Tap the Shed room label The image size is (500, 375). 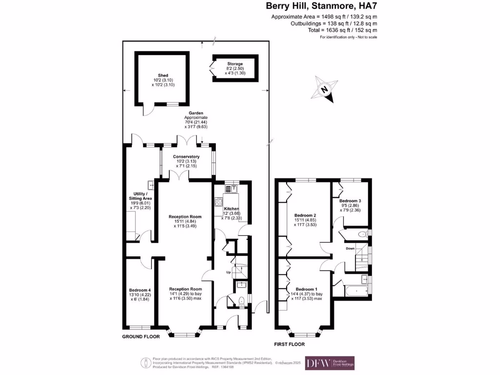coord(160,75)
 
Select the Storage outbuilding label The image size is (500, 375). coord(234,64)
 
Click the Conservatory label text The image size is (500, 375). coord(186,157)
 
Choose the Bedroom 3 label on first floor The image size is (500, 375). coord(351,201)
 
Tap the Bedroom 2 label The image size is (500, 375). coord(305,215)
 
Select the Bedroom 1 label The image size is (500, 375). coord(306,289)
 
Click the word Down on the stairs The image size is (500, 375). coord(350,249)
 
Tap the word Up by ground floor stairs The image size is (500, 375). coord(227,271)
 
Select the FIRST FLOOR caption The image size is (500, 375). coord(290,344)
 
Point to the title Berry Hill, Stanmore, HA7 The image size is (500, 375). coord(321,6)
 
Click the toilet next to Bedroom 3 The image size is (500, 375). coord(362,235)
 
